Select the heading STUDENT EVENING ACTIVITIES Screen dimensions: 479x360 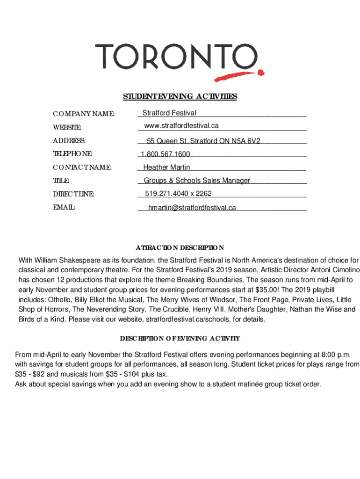pos(180,96)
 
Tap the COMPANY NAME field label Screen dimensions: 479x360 pos(84,113)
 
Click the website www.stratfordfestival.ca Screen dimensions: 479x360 pos(181,125)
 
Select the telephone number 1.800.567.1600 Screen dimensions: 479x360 pos(166,154)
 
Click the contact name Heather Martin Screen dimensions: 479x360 pos(166,167)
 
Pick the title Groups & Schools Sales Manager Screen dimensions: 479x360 pos(197,180)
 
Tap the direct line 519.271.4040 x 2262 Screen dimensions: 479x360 pos(178,193)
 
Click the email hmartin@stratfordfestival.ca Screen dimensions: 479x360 pos(192,207)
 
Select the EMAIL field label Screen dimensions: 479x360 pos(64,207)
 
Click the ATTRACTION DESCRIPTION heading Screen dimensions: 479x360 pos(180,247)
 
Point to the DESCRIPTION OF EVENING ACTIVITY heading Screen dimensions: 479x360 pos(180,338)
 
